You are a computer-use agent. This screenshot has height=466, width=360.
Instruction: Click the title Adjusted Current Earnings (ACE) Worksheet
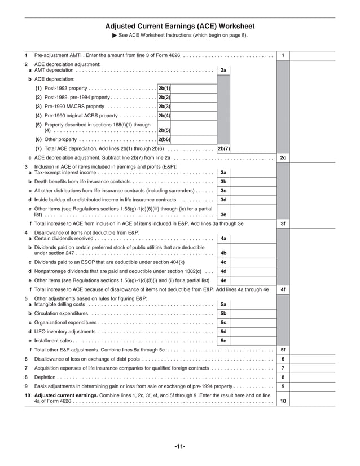pyautogui.click(x=179, y=27)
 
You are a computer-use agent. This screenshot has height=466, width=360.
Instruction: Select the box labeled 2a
pyautogui.click(x=223, y=71)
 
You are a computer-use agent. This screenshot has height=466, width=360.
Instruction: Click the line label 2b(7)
pyautogui.click(x=223, y=149)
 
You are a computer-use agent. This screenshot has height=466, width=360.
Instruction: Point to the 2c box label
pyautogui.click(x=283, y=158)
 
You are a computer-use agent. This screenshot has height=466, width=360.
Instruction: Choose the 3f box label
pyautogui.click(x=283, y=223)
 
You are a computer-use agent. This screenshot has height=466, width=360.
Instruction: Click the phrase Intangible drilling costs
pyautogui.click(x=60, y=304)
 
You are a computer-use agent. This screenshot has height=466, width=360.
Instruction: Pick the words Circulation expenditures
pyautogui.click(x=62, y=313)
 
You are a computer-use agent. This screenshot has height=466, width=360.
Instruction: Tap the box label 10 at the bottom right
pyautogui.click(x=283, y=401)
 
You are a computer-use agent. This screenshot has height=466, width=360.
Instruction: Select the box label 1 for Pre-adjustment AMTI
pyautogui.click(x=283, y=55)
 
